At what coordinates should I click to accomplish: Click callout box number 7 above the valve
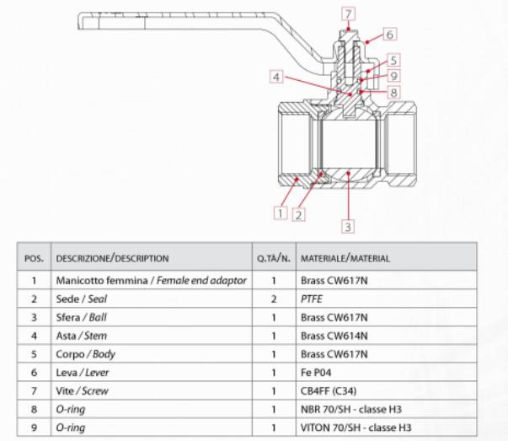[x=348, y=14]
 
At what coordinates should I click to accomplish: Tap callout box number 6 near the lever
[x=390, y=35]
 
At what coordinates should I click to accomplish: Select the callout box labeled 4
[x=276, y=78]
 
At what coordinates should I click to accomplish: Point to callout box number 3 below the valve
[x=348, y=226]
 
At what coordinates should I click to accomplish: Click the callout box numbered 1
[x=281, y=213]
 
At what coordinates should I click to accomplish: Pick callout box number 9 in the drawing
[x=393, y=76]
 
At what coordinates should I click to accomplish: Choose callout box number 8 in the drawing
[x=393, y=93]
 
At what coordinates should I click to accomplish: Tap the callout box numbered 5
[x=393, y=61]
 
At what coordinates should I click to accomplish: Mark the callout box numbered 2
[x=299, y=215]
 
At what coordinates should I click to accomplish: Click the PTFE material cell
[x=386, y=298]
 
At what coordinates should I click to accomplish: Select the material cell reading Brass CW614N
[x=386, y=336]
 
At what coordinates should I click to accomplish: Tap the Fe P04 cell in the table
[x=386, y=372]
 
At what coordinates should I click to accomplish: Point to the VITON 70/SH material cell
[x=386, y=428]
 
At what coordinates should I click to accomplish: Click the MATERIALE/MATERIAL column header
[x=386, y=258]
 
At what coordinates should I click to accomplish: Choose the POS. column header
[x=34, y=258]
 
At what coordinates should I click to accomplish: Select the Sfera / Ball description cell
[x=152, y=317]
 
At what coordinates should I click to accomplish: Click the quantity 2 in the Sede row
[x=274, y=299]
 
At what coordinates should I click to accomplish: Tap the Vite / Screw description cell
[x=152, y=390]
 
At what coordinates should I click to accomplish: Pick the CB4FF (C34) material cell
[x=386, y=390]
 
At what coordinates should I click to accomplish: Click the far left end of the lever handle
[x=78, y=21]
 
